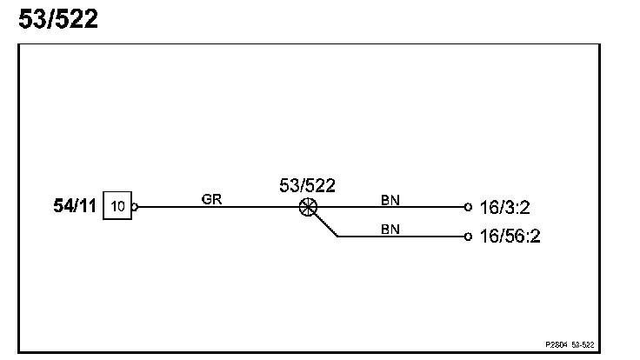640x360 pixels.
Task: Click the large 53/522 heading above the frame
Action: click(58, 19)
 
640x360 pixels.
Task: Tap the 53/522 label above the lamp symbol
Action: click(307, 185)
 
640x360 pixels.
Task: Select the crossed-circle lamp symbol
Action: click(307, 208)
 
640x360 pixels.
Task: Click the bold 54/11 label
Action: click(76, 208)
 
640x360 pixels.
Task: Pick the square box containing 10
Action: click(117, 208)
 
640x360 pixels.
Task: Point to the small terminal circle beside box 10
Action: click(134, 208)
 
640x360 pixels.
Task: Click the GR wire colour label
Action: click(211, 199)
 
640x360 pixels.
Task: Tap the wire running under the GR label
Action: click(217, 208)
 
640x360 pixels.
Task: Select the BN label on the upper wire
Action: click(390, 199)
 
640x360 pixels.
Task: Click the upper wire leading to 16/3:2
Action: click(391, 208)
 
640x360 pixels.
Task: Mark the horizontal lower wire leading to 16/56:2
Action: click(400, 236)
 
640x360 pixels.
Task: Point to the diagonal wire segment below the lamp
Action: click(325, 225)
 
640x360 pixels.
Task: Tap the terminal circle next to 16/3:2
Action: click(468, 208)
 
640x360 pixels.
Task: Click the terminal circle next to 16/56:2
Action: click(468, 236)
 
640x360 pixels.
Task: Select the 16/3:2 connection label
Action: click(504, 209)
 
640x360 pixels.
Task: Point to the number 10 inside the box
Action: click(118, 208)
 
